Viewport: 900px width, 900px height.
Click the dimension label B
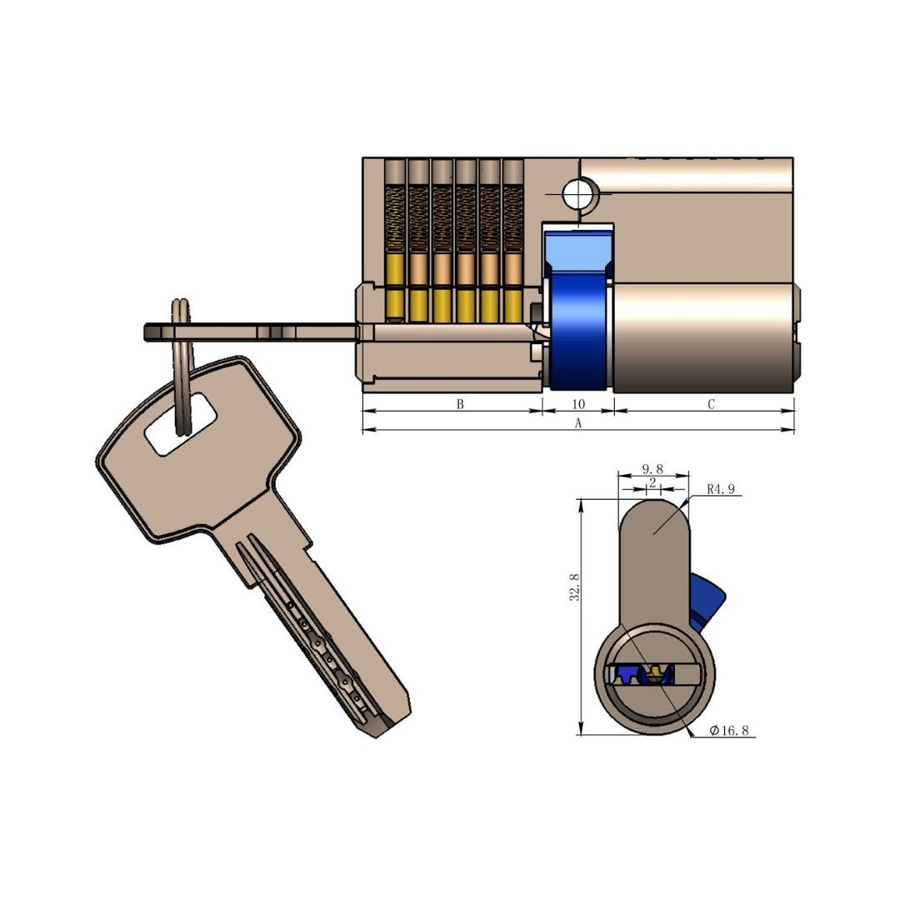pyautogui.click(x=460, y=404)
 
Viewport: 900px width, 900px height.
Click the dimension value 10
pyautogui.click(x=578, y=404)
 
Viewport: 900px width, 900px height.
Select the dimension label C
pyautogui.click(x=711, y=404)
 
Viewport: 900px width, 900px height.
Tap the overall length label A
pyautogui.click(x=578, y=423)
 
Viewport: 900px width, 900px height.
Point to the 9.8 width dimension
pyautogui.click(x=652, y=469)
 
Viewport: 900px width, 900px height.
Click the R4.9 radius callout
pyautogui.click(x=720, y=489)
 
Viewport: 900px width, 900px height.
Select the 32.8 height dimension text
pyautogui.click(x=574, y=587)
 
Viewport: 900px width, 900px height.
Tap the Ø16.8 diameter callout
pyautogui.click(x=729, y=730)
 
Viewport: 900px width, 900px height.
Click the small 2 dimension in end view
pyautogui.click(x=652, y=482)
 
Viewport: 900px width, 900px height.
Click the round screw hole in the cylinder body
pyautogui.click(x=577, y=194)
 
